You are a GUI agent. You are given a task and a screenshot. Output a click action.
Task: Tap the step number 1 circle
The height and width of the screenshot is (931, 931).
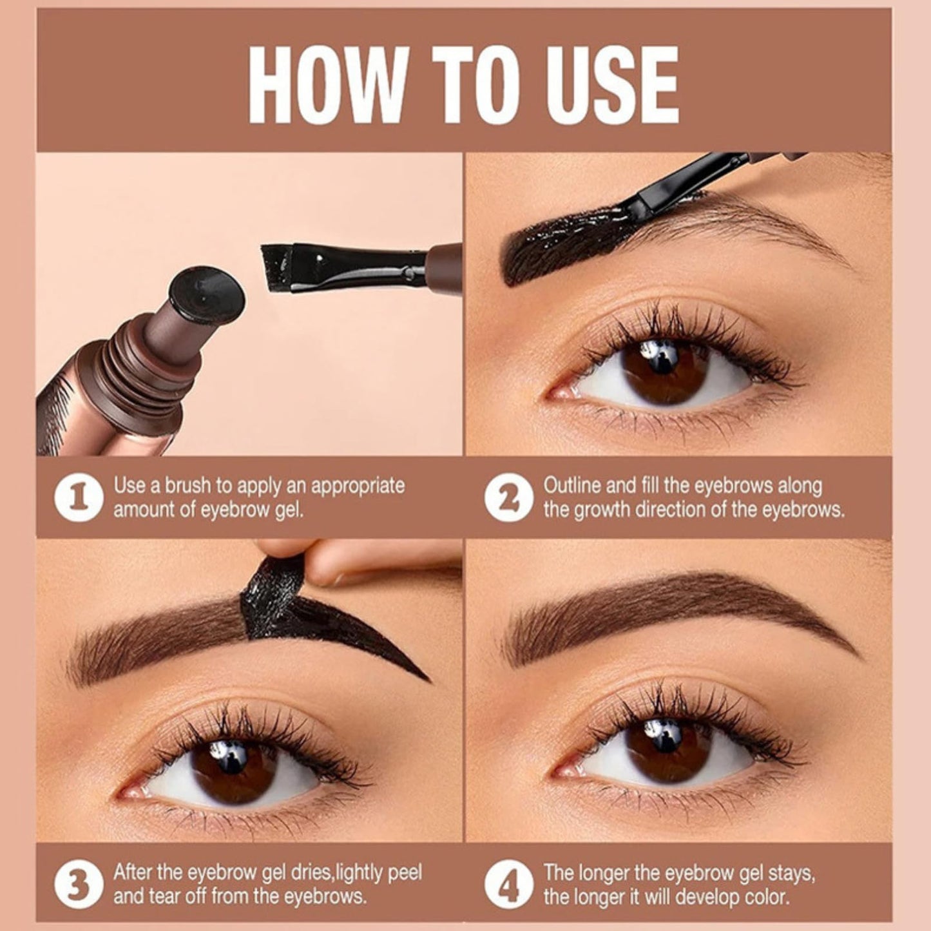coord(78,498)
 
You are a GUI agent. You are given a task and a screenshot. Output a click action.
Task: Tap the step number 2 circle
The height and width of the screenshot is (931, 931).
coord(508,498)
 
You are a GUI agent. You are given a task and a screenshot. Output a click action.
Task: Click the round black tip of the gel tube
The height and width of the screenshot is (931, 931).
coord(206,295)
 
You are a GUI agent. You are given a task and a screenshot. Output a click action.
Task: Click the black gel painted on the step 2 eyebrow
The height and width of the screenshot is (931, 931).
coord(561,245)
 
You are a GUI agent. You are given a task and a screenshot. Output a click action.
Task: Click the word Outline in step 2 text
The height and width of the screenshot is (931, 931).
coord(571,485)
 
